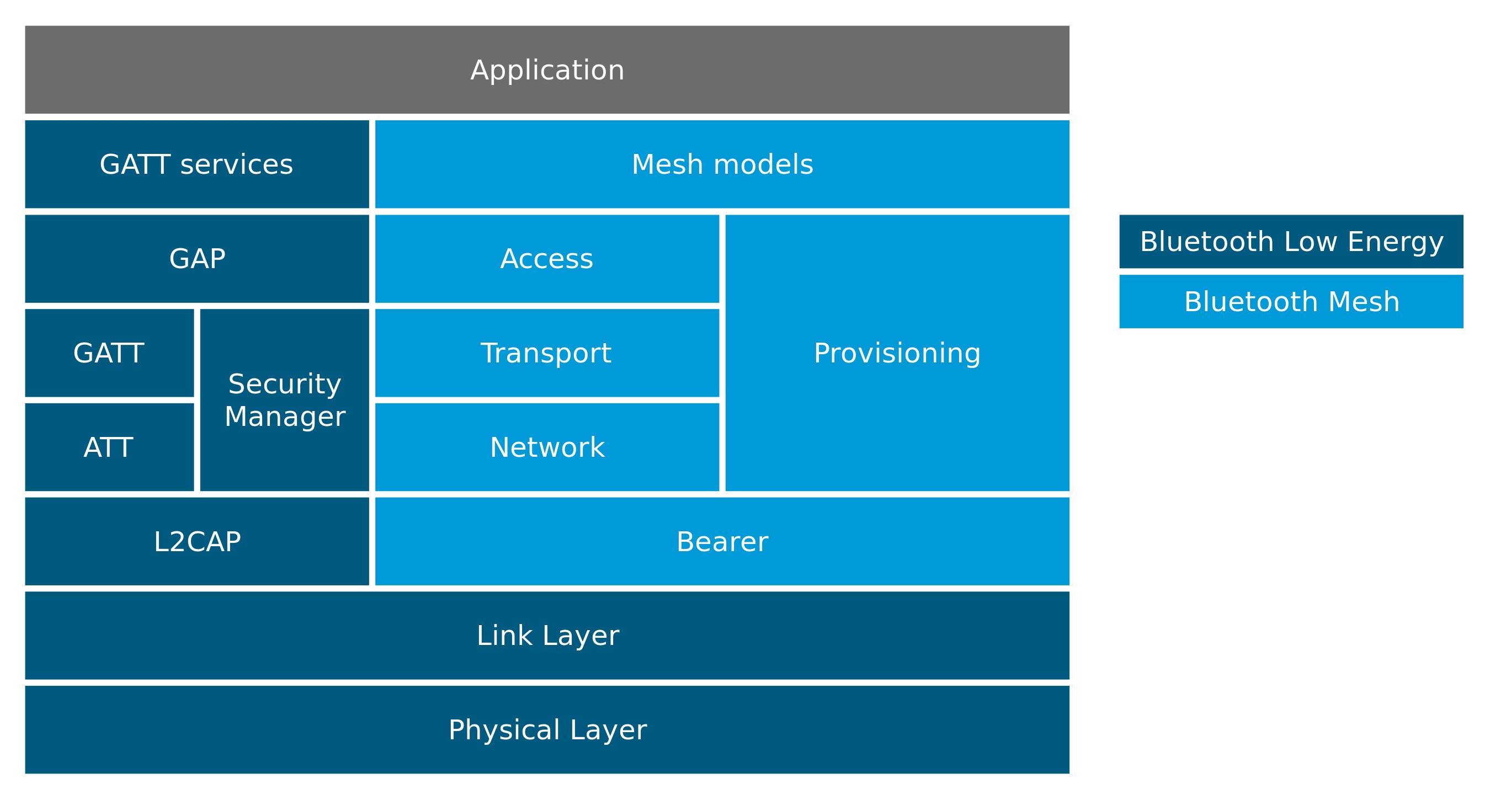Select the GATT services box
[196, 164]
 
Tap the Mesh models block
[722, 164]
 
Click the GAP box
[196, 258]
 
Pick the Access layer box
[546, 258]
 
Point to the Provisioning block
[897, 353]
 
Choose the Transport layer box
[546, 353]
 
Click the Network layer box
[546, 446]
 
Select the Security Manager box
[285, 399]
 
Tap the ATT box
[109, 446]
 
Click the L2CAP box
[196, 541]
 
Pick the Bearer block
[722, 541]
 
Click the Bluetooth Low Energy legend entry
[1291, 241]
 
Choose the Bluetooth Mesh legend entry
[1291, 301]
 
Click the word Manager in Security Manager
[285, 417]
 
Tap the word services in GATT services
[236, 164]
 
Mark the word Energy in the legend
[1395, 242]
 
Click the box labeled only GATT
[109, 353]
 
